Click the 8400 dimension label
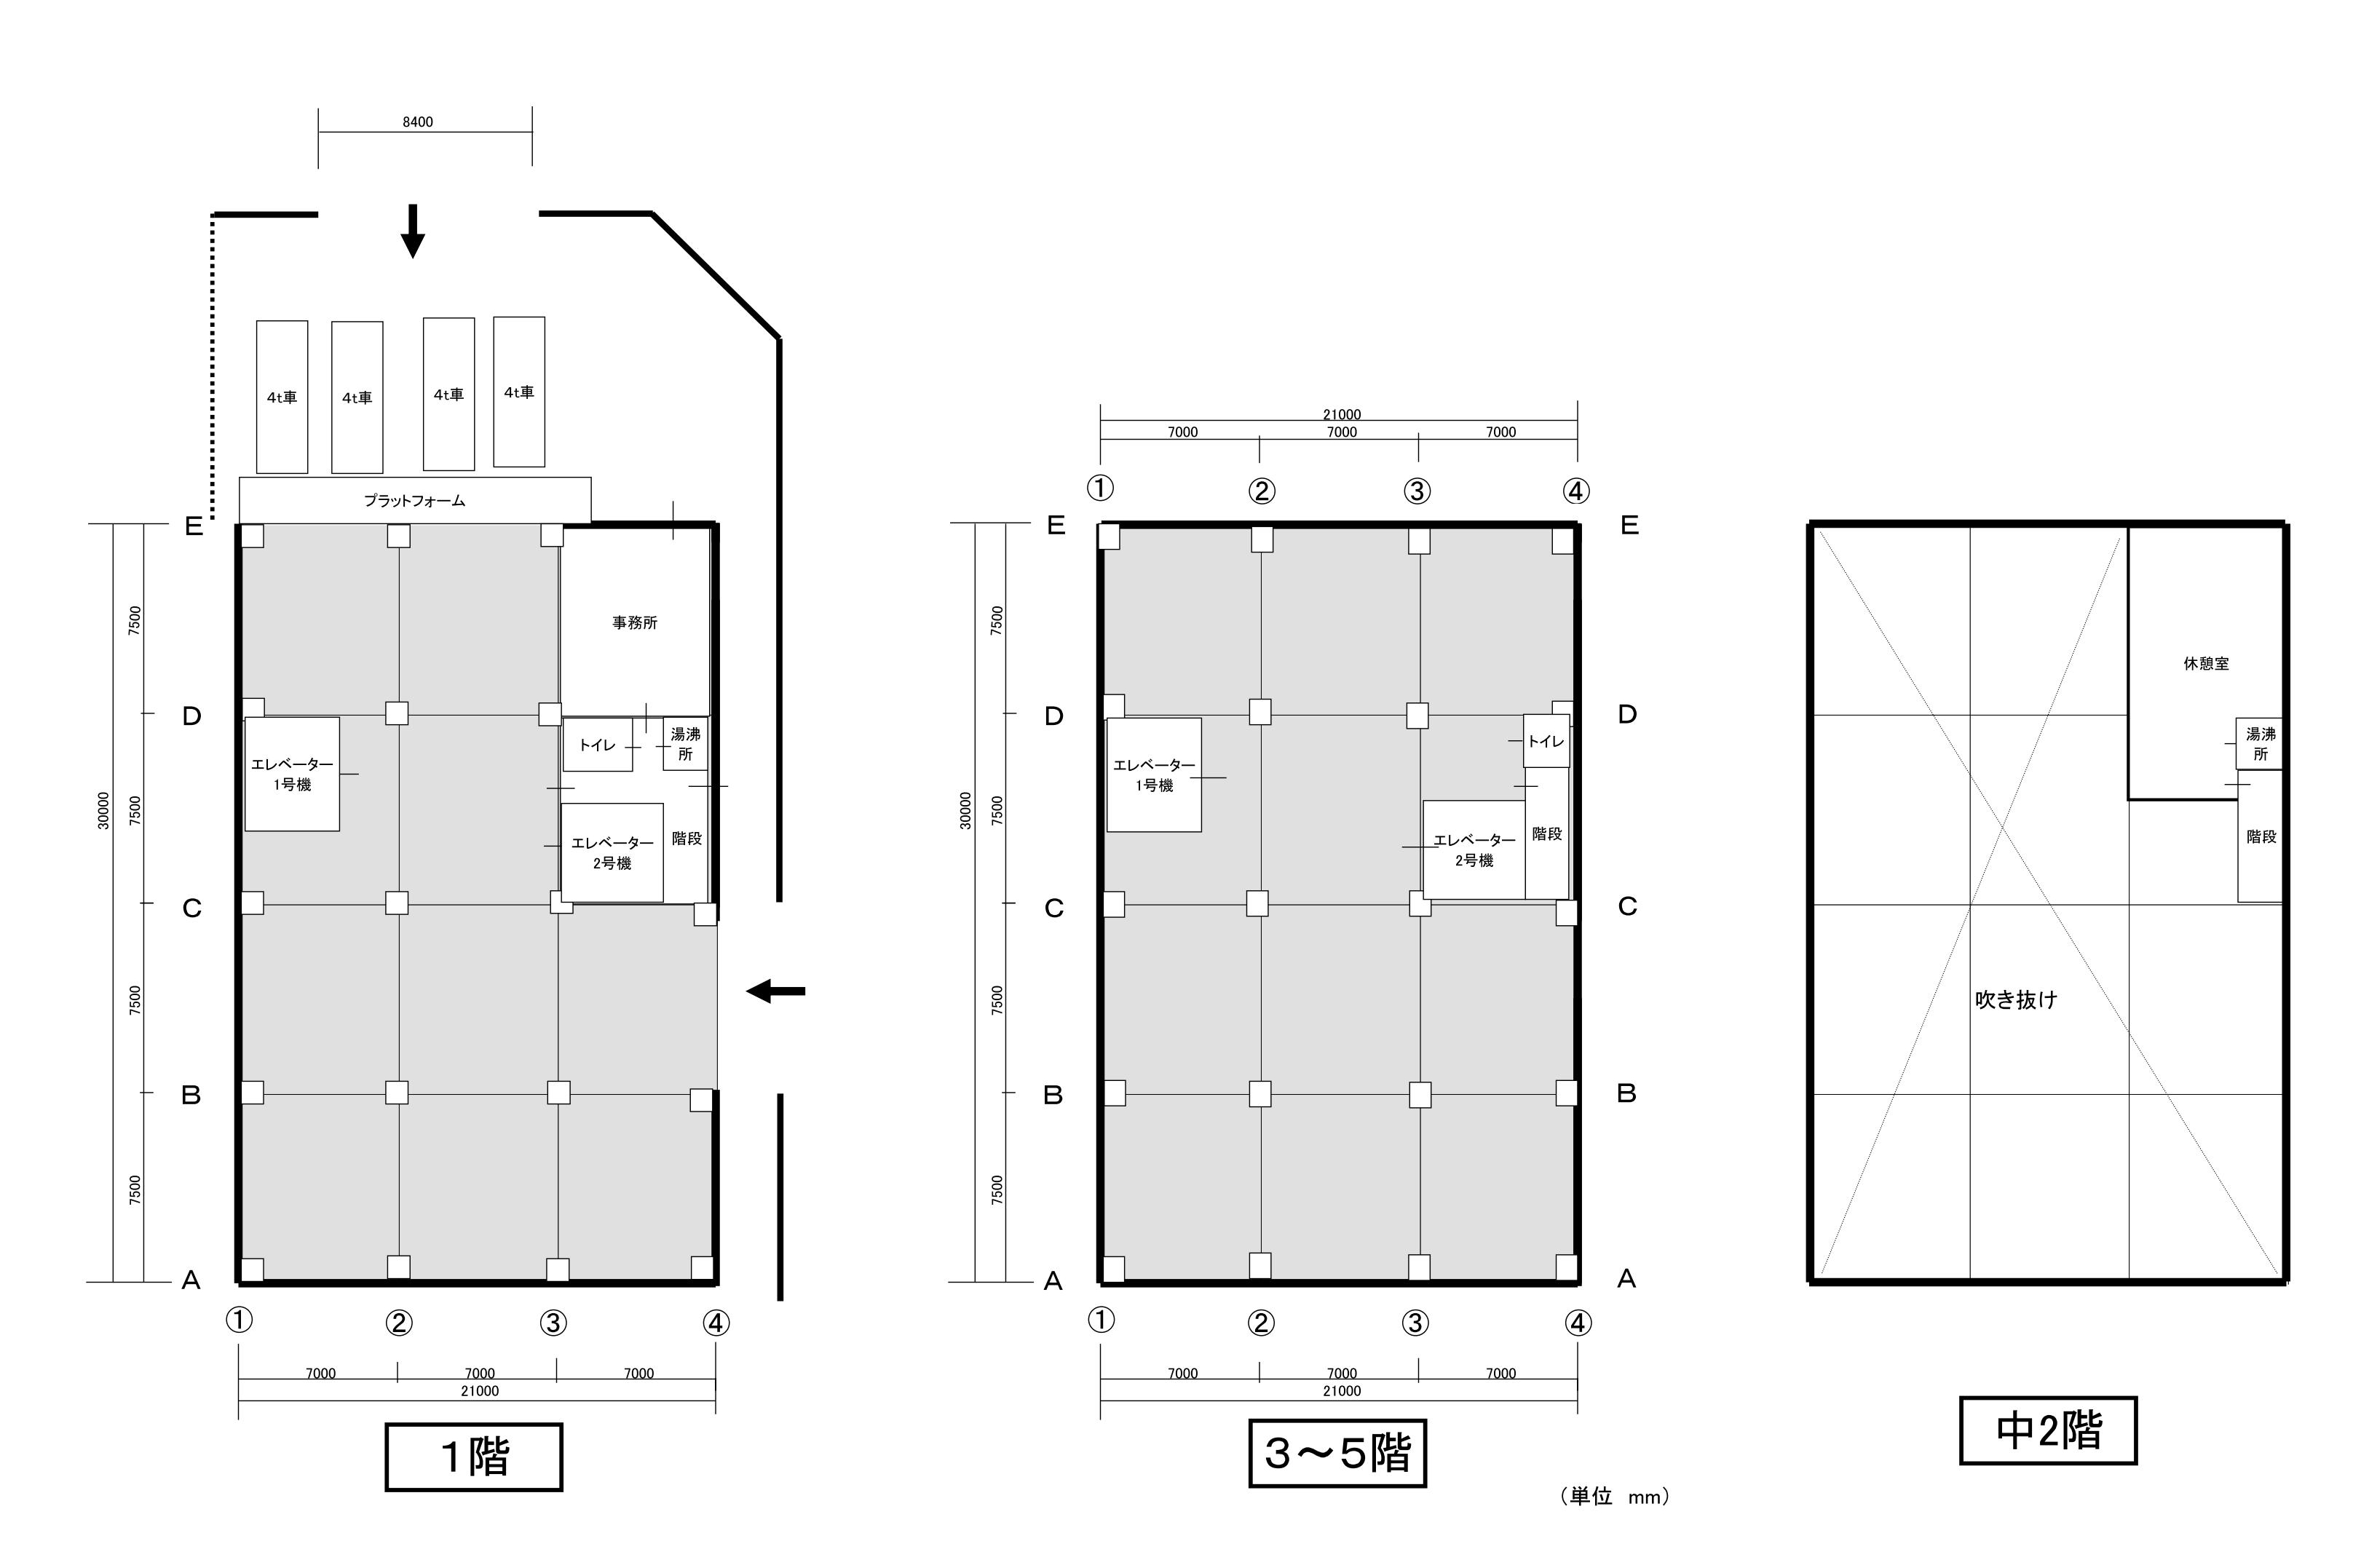417,122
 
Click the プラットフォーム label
414,500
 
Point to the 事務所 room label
635,623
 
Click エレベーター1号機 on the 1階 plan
292,774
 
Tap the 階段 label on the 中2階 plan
2261,836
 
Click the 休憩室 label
2207,663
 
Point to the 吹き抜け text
2016,999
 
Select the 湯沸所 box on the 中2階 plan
2259,743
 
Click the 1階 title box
473,1456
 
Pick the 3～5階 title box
1337,1453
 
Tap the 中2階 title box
2047,1430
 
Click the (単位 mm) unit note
1615,1497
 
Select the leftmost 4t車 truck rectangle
282,397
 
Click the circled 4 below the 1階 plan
716,1323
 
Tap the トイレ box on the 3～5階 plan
1546,740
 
